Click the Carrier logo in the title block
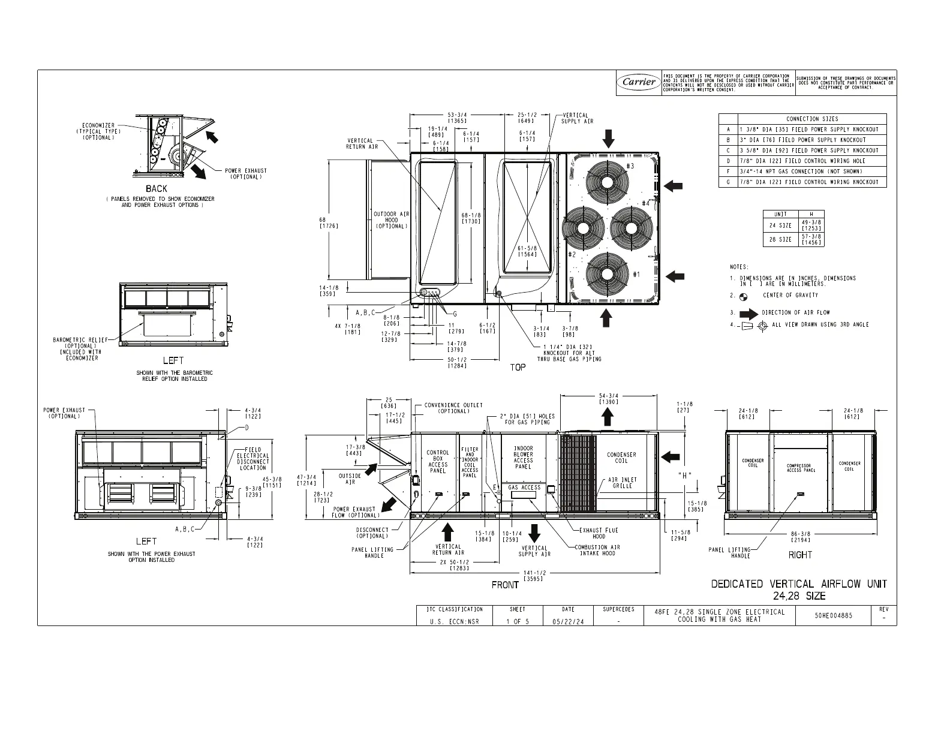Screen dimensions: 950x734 639,83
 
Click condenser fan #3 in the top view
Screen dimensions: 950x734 608,181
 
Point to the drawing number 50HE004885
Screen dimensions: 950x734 833,615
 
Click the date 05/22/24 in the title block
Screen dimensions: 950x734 567,621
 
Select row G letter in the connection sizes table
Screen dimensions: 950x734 728,182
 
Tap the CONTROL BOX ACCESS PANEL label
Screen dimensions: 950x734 437,462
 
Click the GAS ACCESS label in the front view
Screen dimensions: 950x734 524,488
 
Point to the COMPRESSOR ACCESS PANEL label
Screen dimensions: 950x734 801,468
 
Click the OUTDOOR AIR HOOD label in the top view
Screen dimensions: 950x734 391,220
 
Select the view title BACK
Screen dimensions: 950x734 157,188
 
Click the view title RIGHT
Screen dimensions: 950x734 799,555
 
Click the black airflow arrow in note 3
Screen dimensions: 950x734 749,313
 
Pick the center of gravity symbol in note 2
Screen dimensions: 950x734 744,296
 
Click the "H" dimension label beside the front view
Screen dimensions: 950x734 685,476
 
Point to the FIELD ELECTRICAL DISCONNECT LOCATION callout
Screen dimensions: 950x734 252,459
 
